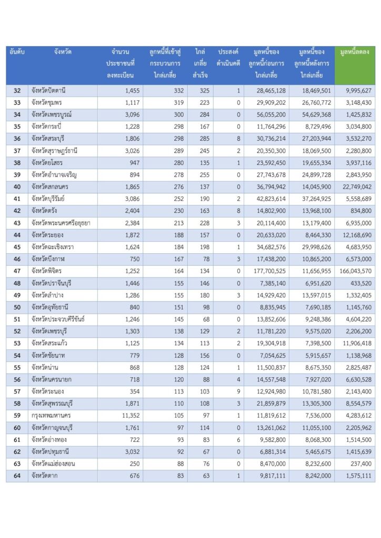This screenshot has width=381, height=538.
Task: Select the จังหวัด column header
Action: point(63,52)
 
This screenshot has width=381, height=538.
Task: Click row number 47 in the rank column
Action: point(17,271)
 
